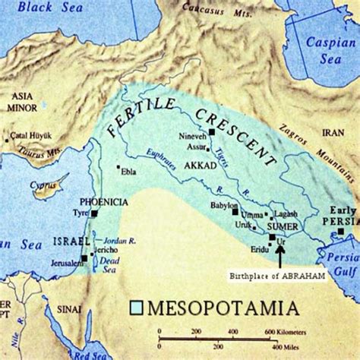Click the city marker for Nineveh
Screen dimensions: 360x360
click(213, 131)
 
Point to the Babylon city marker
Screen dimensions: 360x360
click(235, 210)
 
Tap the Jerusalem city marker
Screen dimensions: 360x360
click(84, 259)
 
